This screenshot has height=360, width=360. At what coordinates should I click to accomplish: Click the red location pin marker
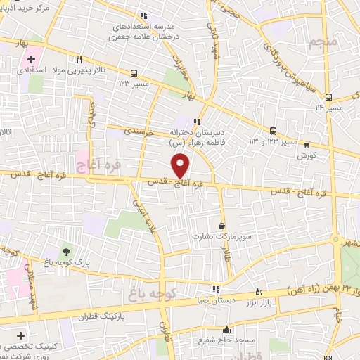tap(181, 165)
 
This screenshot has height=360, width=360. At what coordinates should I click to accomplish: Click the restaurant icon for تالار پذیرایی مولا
tap(79, 60)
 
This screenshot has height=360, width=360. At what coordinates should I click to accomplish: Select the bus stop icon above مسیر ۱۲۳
tap(134, 72)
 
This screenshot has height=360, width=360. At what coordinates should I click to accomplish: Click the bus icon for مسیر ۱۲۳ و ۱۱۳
tap(274, 130)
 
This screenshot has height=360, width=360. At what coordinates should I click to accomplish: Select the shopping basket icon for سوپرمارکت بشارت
tap(222, 226)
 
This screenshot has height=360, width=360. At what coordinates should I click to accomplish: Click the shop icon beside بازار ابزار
tap(259, 291)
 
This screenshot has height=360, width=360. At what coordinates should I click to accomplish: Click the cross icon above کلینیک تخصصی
tap(21, 335)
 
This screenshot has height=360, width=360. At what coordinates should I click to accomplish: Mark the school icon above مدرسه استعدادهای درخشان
tap(143, 15)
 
